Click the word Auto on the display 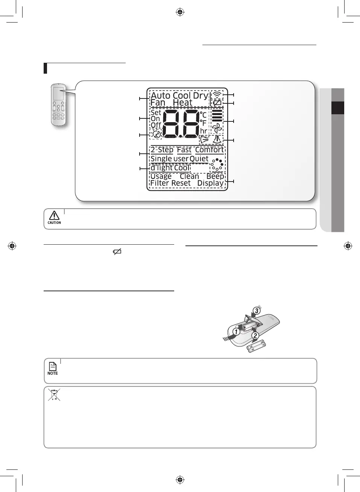pyautogui.click(x=161, y=95)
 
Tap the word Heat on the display pyautogui.click(x=182, y=103)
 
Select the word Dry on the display pyautogui.click(x=201, y=95)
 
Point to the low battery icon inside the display pyautogui.click(x=217, y=103)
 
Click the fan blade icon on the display pyautogui.click(x=217, y=128)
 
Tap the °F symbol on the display pyautogui.click(x=203, y=123)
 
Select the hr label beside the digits pyautogui.click(x=204, y=131)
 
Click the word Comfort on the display pyautogui.click(x=209, y=150)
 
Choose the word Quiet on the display pyautogui.click(x=199, y=159)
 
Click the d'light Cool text pyautogui.click(x=170, y=168)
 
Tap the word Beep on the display pyautogui.click(x=215, y=176)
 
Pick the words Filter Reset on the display pyautogui.click(x=170, y=183)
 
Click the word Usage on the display pyautogui.click(x=161, y=176)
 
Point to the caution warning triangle pyautogui.click(x=54, y=215)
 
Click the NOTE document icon pyautogui.click(x=53, y=366)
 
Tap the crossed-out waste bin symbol pyautogui.click(x=54, y=395)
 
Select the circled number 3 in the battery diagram pyautogui.click(x=257, y=310)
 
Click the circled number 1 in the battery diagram pyautogui.click(x=236, y=332)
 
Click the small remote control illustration pyautogui.click(x=58, y=105)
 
